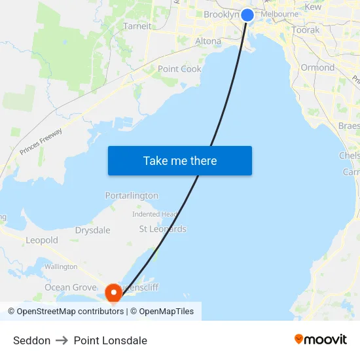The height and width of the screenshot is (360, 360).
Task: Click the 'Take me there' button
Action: [180, 161]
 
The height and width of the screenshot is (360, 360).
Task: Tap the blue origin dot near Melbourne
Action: [247, 15]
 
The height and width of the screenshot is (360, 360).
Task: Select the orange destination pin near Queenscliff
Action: [113, 292]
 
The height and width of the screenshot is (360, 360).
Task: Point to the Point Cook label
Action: [179, 69]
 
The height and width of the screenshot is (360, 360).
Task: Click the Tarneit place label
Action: [137, 26]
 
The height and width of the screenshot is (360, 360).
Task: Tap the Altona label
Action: [208, 41]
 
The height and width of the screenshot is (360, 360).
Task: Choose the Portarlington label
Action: [132, 196]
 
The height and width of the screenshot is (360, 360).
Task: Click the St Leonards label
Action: [162, 229]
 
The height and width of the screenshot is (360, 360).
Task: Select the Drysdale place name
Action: [92, 230]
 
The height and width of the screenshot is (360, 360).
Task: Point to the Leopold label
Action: [42, 240]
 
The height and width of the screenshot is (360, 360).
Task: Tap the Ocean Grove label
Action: [70, 287]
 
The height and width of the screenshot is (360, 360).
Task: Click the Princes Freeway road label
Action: [41, 142]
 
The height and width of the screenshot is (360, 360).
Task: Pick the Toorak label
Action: [306, 30]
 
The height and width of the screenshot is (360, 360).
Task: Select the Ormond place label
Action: [317, 67]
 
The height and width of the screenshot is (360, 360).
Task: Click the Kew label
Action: [314, 7]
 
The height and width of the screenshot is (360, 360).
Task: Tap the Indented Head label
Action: [154, 214]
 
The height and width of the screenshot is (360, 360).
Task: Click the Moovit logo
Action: [321, 340]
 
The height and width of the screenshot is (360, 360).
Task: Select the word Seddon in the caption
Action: [31, 340]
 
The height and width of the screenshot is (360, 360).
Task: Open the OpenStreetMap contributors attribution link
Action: [70, 312]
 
